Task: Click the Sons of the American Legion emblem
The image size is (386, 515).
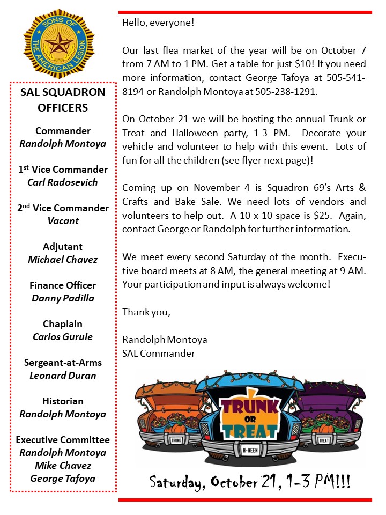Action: point(59,43)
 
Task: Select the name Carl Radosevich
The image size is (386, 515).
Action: point(63,182)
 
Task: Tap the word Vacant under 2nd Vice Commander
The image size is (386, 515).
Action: point(63,221)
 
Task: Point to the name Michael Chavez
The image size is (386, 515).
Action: point(63,260)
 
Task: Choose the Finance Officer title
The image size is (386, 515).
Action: point(63,285)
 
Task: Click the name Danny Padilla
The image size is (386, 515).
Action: point(63,298)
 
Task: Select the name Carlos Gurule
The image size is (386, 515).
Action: point(63,337)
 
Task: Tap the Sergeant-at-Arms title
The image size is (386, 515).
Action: point(63,363)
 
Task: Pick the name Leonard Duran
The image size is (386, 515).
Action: point(63,376)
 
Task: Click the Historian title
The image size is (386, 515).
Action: point(63,401)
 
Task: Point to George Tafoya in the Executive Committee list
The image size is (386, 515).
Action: point(63,479)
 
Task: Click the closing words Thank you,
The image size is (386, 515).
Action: point(146,312)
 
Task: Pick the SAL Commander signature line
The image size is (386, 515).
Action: point(159,354)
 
